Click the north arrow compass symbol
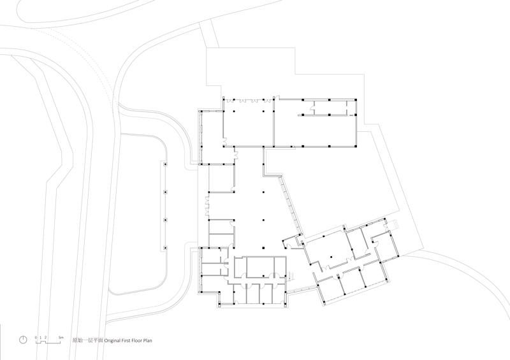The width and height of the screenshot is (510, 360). coord(23,340)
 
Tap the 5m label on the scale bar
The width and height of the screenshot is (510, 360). coord(61,338)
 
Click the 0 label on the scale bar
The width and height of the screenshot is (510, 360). coord(36,338)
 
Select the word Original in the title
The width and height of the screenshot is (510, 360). coord(113,340)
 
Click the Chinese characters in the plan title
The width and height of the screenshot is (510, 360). coord(87,340)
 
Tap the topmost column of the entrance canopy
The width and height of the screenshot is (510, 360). coord(165,164)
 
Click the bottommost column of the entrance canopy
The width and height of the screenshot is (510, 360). coord(165,248)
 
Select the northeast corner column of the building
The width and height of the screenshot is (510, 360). coord(356,99)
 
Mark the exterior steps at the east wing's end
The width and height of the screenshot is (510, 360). coord(394,224)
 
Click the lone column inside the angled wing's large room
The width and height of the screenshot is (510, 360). coord(331,257)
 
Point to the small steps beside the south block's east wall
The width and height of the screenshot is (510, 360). coord(291,276)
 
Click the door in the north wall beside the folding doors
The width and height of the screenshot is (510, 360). coord(276,97)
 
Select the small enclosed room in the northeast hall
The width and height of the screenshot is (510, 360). coord(330,107)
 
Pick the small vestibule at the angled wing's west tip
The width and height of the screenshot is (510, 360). coord(290,243)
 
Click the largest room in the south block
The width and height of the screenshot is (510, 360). coord(260,267)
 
